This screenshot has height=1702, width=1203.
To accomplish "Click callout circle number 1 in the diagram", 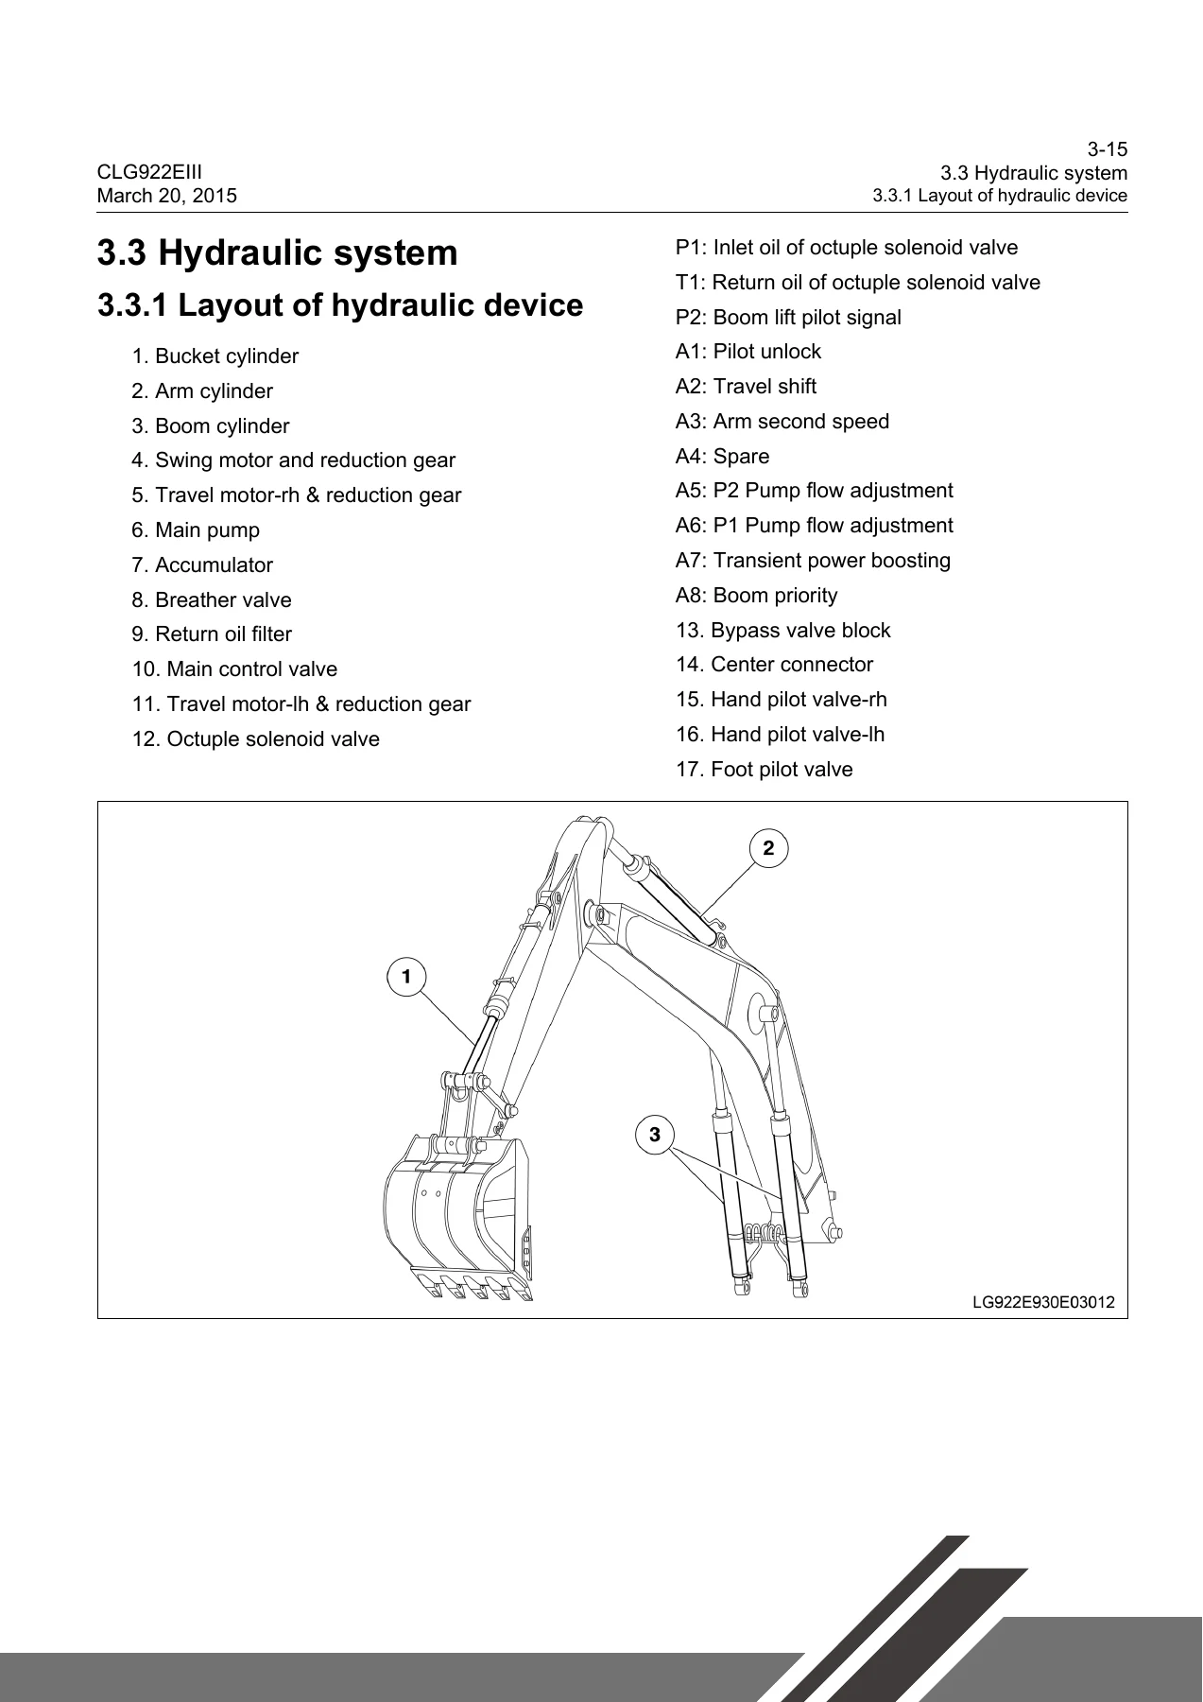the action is pos(406,976).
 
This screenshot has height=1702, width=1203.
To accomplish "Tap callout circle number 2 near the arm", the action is pos(768,848).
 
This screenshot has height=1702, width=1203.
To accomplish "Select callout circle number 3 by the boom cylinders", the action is pos(655,1133).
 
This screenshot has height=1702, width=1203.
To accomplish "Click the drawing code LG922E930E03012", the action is pos(1043,1302).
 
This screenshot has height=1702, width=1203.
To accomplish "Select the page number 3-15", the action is pos(1107,149).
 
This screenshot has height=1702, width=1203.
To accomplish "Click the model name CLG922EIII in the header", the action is pos(149,172).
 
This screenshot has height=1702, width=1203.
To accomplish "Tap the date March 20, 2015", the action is pos(167,196).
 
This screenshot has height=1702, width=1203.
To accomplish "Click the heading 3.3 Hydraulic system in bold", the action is pos(278,252).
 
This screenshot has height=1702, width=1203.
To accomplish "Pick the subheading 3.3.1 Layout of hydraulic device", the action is pos(341,305).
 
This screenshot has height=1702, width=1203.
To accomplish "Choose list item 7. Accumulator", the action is pos(202,565).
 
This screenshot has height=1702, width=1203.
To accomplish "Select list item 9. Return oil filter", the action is pos(212,634).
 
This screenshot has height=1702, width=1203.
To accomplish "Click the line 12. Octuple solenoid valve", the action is pos(256,739).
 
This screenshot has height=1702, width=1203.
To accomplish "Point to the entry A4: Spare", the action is pos(723,457).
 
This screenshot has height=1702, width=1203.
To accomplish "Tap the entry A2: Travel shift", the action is pos(746,387).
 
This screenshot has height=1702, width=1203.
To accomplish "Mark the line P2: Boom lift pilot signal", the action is pos(788,318).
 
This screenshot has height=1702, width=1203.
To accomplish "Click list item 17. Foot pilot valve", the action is pos(765,770).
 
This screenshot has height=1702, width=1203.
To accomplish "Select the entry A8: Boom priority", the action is pos(757,596).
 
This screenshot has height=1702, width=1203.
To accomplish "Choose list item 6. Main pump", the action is pos(196,530).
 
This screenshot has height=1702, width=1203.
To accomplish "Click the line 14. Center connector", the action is pos(775,665).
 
